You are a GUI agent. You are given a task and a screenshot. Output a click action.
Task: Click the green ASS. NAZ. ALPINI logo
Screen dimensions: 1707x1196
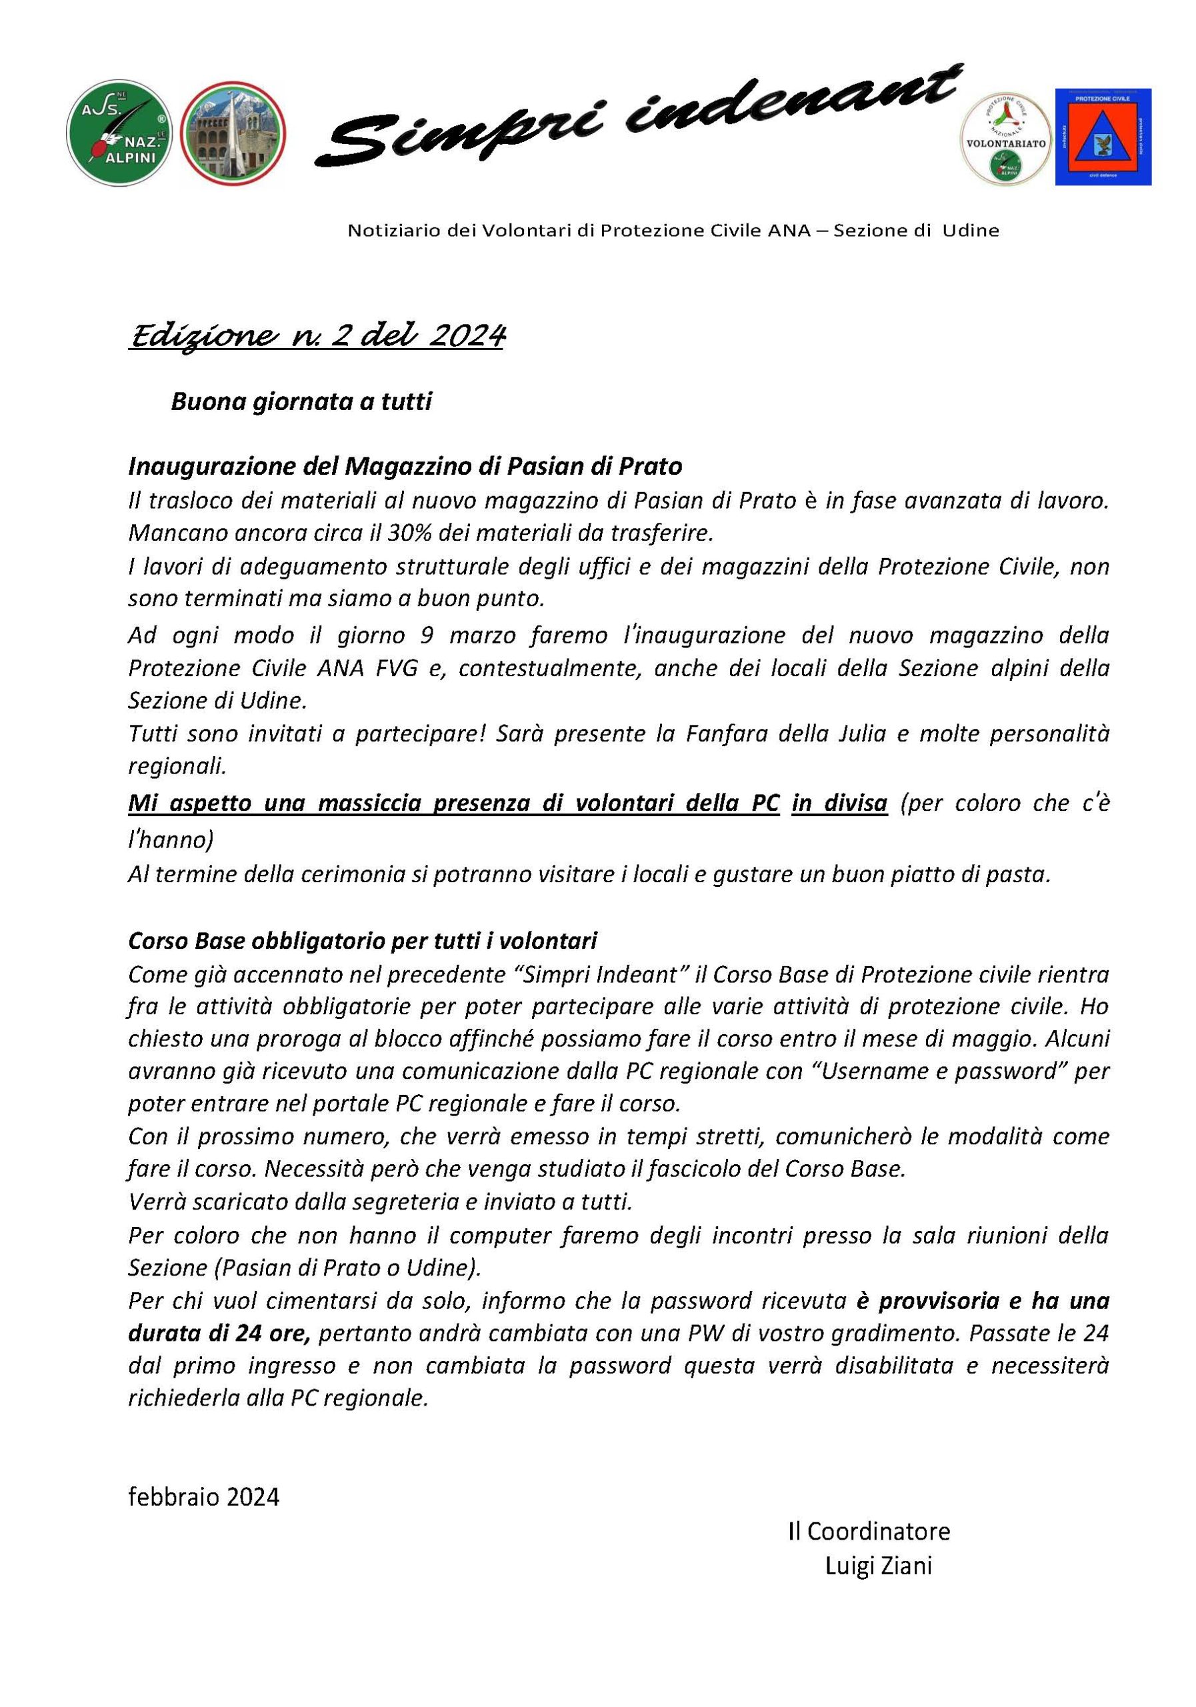[x=119, y=133]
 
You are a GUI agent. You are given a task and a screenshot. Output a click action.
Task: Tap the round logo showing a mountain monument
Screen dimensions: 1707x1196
[x=233, y=133]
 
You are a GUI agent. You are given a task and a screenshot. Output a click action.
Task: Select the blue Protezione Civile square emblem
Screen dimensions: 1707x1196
[x=1103, y=137]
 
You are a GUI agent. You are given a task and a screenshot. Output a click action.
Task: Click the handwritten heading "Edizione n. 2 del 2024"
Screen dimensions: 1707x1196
[x=317, y=337]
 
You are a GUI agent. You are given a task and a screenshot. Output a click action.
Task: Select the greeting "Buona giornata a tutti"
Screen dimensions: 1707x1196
[x=301, y=402]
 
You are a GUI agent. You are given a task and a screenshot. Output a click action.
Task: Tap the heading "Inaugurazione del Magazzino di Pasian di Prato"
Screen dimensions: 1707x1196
[x=405, y=467]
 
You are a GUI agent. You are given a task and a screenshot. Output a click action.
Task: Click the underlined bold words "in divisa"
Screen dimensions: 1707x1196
[x=839, y=803]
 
